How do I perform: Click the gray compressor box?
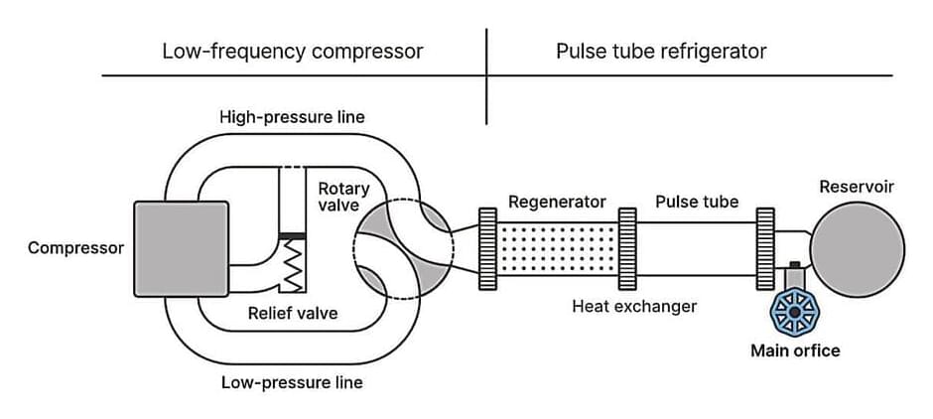click(181, 248)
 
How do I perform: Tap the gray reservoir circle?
click(857, 249)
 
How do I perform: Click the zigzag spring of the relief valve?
click(293, 266)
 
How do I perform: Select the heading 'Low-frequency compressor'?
click(293, 51)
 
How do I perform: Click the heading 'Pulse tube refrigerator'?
click(661, 51)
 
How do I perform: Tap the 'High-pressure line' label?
click(292, 117)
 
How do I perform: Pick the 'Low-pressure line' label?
click(292, 382)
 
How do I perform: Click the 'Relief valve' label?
click(293, 314)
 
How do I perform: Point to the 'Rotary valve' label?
click(343, 197)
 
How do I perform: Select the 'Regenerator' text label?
click(557, 202)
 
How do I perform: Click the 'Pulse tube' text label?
click(697, 202)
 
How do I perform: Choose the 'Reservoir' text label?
click(857, 187)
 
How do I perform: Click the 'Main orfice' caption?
click(795, 350)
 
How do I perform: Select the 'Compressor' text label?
click(76, 247)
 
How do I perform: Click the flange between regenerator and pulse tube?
click(627, 249)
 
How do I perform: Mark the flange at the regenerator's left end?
click(487, 249)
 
